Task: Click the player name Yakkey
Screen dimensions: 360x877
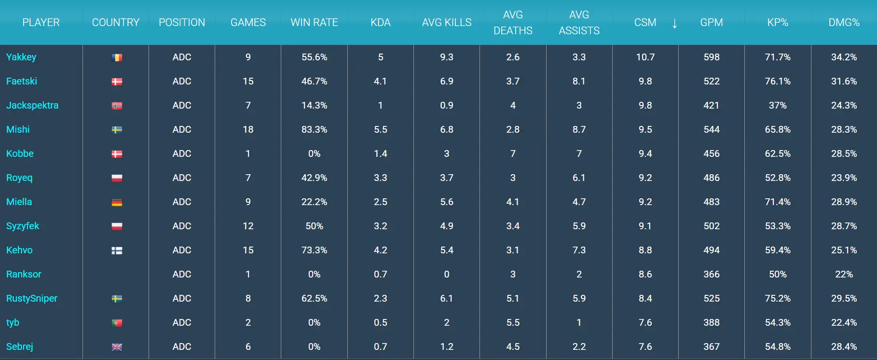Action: (21, 57)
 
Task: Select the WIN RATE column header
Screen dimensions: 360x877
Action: (314, 23)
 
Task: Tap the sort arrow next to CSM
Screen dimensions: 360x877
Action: (674, 23)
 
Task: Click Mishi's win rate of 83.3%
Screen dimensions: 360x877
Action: (314, 129)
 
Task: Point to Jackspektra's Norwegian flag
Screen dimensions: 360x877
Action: (117, 106)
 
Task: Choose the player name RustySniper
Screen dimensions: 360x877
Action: (32, 298)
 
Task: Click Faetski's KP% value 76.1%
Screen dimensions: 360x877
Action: (777, 81)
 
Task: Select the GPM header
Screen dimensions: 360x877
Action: (711, 23)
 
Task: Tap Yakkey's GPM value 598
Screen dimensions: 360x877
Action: (711, 57)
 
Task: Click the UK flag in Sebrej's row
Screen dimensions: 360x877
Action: (117, 347)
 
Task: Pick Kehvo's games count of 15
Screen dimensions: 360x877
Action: (248, 250)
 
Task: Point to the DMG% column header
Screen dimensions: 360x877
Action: (844, 23)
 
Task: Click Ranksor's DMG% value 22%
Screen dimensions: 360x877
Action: (844, 274)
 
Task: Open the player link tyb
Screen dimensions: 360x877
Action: (13, 322)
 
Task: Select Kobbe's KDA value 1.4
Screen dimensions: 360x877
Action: (380, 153)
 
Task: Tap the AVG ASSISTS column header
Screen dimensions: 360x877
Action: (579, 23)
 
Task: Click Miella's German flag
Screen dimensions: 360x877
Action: (117, 202)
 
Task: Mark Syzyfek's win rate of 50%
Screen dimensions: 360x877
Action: (314, 226)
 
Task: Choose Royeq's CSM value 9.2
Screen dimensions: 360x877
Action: (645, 178)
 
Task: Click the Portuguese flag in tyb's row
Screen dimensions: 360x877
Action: (117, 323)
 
